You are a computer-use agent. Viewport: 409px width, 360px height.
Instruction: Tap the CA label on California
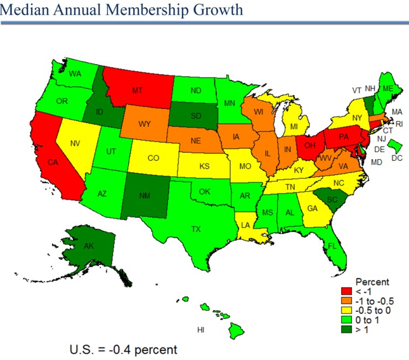coord(53,163)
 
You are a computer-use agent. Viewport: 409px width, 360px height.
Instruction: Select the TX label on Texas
coord(196,228)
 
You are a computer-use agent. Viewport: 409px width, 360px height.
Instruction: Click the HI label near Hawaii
coord(202,330)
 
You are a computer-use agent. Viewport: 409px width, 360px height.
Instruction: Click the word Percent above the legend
coord(372,281)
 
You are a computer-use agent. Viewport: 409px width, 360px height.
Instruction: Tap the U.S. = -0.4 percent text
coord(123,349)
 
